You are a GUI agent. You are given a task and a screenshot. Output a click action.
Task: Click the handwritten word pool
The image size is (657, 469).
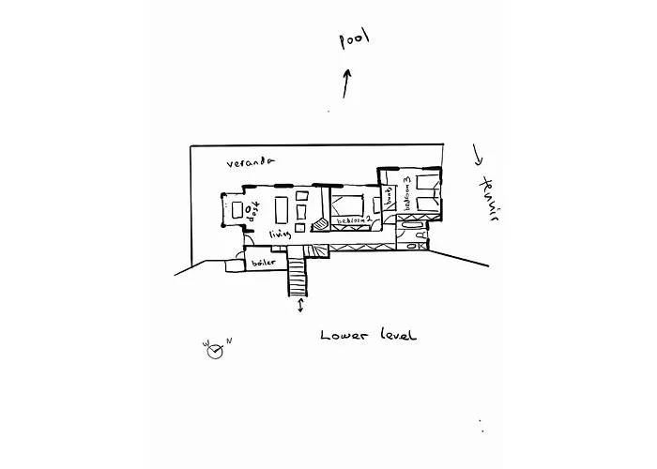coord(354,38)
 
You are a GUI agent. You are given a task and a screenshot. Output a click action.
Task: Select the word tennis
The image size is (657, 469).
coord(486,199)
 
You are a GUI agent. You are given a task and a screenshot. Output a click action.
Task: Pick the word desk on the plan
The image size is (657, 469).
coord(252,211)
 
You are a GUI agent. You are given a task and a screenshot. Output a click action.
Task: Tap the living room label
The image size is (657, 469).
coord(281,234)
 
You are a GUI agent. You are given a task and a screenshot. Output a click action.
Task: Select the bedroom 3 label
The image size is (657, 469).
coord(407,191)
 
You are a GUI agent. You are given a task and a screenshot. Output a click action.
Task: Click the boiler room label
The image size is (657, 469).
coord(265,264)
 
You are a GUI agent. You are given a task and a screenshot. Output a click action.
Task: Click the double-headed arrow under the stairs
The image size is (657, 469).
coord(300,308)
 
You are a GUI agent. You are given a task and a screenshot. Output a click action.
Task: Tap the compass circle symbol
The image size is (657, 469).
coord(213,351)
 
